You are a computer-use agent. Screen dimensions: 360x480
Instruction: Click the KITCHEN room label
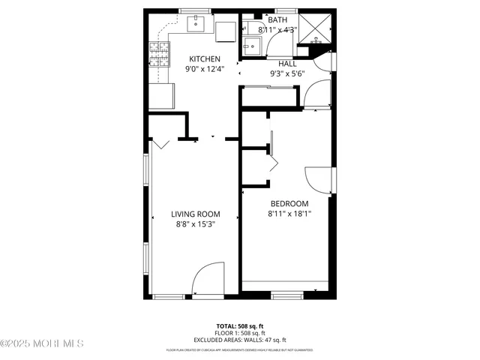204,59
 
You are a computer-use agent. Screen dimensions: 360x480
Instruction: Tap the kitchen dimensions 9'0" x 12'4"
204,69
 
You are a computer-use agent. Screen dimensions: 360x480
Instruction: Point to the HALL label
288,64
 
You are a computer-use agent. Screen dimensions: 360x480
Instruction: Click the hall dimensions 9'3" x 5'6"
288,73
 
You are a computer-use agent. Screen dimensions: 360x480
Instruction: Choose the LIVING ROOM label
194,214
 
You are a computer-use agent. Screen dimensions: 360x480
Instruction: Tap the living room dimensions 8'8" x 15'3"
194,223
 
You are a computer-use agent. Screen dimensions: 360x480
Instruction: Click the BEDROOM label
289,204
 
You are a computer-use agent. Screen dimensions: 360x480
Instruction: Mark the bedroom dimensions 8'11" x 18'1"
289,214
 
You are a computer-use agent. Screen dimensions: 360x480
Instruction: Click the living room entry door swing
208,279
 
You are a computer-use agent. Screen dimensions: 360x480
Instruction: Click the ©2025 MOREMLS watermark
42,344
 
